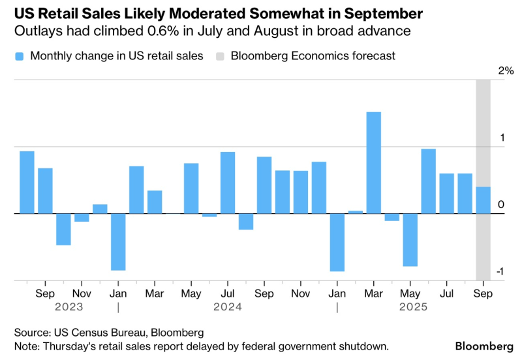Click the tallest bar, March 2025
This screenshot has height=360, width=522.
click(x=373, y=162)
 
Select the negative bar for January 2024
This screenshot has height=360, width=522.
click(x=118, y=241)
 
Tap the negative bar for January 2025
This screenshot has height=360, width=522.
click(x=337, y=242)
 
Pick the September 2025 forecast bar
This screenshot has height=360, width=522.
click(x=483, y=200)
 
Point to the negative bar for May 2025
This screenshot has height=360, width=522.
click(x=410, y=239)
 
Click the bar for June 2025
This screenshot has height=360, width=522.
click(x=428, y=181)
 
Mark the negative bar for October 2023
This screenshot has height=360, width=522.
click(x=63, y=229)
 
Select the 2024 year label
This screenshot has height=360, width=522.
click(x=227, y=307)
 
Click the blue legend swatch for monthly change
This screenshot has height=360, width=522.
click(x=19, y=56)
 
